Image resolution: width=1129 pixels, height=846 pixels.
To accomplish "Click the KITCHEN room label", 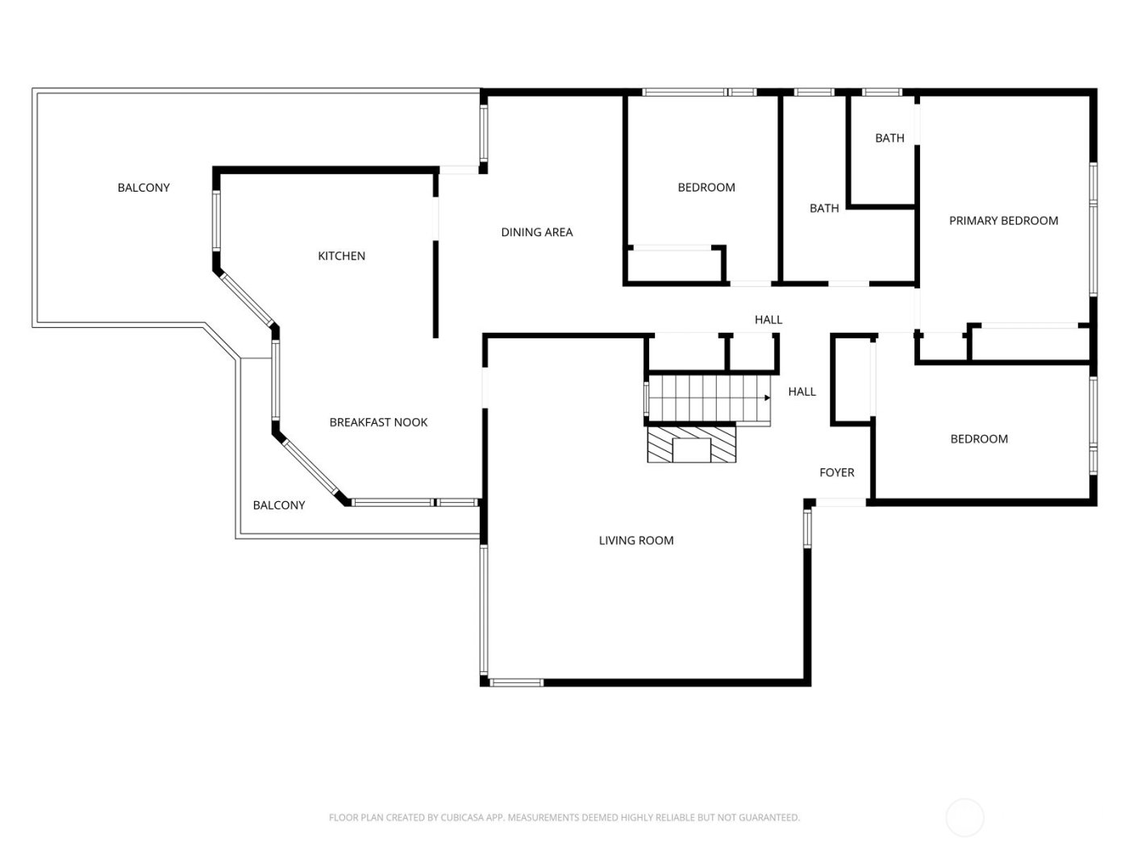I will click(x=341, y=256).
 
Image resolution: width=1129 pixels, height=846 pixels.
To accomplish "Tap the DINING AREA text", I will click(x=536, y=232).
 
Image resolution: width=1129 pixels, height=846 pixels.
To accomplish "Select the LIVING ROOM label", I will click(x=635, y=541).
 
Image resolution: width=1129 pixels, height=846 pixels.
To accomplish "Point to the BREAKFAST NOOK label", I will click(x=378, y=422).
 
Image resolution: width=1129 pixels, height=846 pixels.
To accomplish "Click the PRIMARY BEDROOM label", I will click(x=1003, y=221).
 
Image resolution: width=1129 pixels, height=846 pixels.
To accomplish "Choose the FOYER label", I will click(x=836, y=473).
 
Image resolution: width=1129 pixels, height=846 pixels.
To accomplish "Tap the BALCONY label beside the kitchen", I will click(x=144, y=188).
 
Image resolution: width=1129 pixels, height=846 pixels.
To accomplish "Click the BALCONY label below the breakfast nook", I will click(x=279, y=505).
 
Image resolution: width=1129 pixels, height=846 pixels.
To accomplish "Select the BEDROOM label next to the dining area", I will click(x=706, y=188).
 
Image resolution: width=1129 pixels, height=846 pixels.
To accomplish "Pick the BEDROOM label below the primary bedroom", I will click(x=978, y=439).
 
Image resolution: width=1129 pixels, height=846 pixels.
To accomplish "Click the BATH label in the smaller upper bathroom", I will click(x=889, y=139).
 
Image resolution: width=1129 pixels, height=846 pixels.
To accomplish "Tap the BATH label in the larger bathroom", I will click(x=824, y=209).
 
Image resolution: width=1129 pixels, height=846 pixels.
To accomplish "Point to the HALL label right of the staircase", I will click(x=802, y=392).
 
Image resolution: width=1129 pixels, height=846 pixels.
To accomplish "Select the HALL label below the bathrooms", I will click(x=768, y=320).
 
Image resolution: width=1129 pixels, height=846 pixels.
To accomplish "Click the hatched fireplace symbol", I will click(x=692, y=445).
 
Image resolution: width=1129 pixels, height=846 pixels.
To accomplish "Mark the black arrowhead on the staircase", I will click(x=767, y=397).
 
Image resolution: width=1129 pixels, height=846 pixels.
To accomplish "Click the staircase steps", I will click(x=706, y=398).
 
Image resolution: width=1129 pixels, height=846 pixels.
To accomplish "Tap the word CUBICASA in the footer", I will click(x=462, y=818).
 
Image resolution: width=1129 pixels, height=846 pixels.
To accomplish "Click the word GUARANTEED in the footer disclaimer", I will click(x=769, y=818).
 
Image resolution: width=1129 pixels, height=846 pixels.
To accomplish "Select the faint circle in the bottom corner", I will click(x=964, y=817).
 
